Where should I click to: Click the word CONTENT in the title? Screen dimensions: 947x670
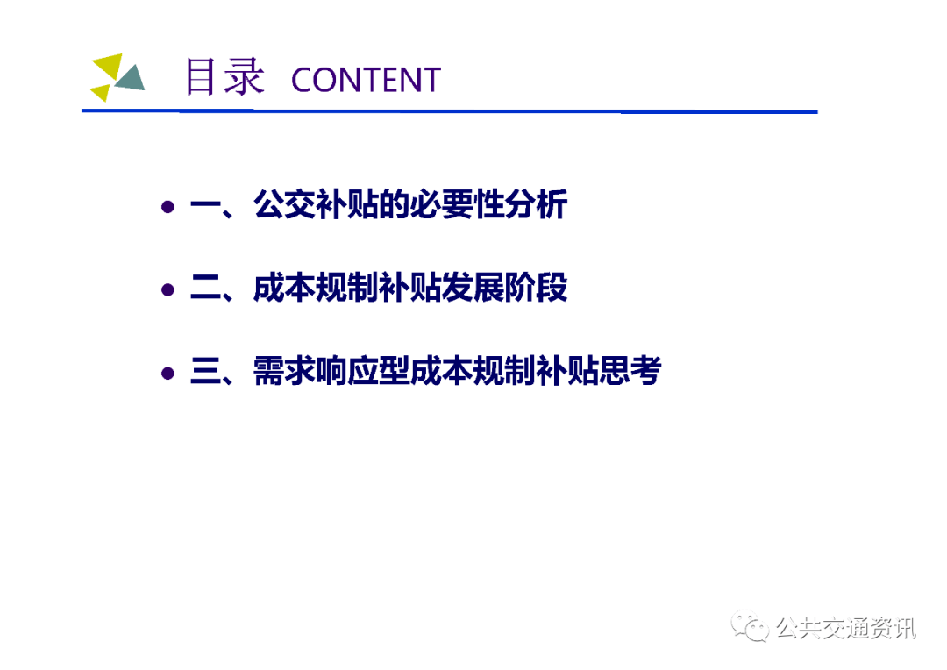pyautogui.click(x=366, y=80)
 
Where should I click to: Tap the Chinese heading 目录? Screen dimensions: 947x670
pyautogui.click(x=224, y=76)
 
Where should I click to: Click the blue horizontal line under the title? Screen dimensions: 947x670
pyautogui.click(x=449, y=111)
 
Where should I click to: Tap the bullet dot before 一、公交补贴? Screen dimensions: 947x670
pyautogui.click(x=167, y=207)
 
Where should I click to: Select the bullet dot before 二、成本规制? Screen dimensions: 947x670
pyautogui.click(x=167, y=290)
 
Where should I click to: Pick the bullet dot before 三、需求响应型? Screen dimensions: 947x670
pyautogui.click(x=167, y=374)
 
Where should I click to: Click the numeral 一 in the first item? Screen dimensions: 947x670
pyautogui.click(x=205, y=205)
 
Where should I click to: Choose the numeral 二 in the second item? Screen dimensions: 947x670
pyautogui.click(x=205, y=288)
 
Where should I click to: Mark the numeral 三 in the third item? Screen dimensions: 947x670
pyautogui.click(x=205, y=371)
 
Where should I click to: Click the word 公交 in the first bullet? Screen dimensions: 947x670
pyautogui.click(x=284, y=204)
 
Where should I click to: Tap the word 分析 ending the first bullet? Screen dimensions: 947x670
pyautogui.click(x=536, y=204)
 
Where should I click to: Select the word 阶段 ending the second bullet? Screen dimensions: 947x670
pyautogui.click(x=536, y=287)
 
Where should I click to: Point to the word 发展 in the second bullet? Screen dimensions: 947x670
pyautogui.click(x=473, y=287)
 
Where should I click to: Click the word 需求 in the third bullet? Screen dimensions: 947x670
pyautogui.click(x=284, y=370)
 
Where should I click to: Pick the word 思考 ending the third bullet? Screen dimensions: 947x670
pyautogui.click(x=630, y=370)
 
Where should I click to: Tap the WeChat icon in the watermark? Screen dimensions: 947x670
pyautogui.click(x=750, y=627)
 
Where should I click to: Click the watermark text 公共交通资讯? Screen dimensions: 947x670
pyautogui.click(x=845, y=628)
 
